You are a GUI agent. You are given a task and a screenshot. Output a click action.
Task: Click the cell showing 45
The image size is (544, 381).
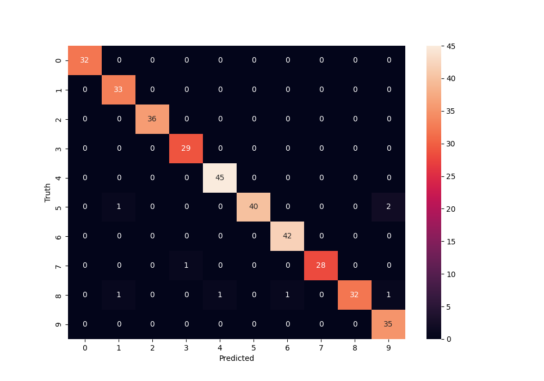click(220, 177)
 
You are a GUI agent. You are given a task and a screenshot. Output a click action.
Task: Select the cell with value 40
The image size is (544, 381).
click(254, 207)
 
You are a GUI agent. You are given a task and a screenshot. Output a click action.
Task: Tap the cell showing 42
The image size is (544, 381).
click(287, 236)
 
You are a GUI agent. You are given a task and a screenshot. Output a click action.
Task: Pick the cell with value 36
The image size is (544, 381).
click(152, 119)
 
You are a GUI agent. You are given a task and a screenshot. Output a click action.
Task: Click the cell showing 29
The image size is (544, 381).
click(186, 148)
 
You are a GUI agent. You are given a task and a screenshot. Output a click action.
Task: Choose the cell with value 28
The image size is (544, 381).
click(321, 266)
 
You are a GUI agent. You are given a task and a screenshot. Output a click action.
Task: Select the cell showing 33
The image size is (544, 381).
click(119, 89)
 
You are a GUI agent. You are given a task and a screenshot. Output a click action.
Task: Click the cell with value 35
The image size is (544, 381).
click(388, 324)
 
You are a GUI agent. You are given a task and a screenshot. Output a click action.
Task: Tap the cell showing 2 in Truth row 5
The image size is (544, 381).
click(388, 207)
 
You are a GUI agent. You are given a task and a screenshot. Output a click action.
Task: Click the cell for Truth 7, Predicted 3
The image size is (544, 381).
click(186, 266)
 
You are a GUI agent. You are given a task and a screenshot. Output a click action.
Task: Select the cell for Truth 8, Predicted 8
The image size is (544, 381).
click(355, 295)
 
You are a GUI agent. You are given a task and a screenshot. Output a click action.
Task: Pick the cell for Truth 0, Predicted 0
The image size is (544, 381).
click(85, 60)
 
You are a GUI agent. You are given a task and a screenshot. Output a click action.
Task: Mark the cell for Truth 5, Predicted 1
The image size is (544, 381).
click(119, 207)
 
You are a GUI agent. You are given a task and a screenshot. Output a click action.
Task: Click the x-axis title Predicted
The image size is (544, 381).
click(237, 359)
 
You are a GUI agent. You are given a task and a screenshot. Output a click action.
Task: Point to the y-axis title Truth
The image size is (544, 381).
click(48, 192)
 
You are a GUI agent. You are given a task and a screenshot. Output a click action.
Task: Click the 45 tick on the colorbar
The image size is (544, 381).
click(451, 46)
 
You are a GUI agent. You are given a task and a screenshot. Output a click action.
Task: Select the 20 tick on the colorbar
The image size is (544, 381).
click(451, 209)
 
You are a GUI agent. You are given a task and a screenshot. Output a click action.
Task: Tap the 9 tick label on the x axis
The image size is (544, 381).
click(388, 348)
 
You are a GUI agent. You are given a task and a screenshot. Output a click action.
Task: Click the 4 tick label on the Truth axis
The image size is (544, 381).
click(59, 177)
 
